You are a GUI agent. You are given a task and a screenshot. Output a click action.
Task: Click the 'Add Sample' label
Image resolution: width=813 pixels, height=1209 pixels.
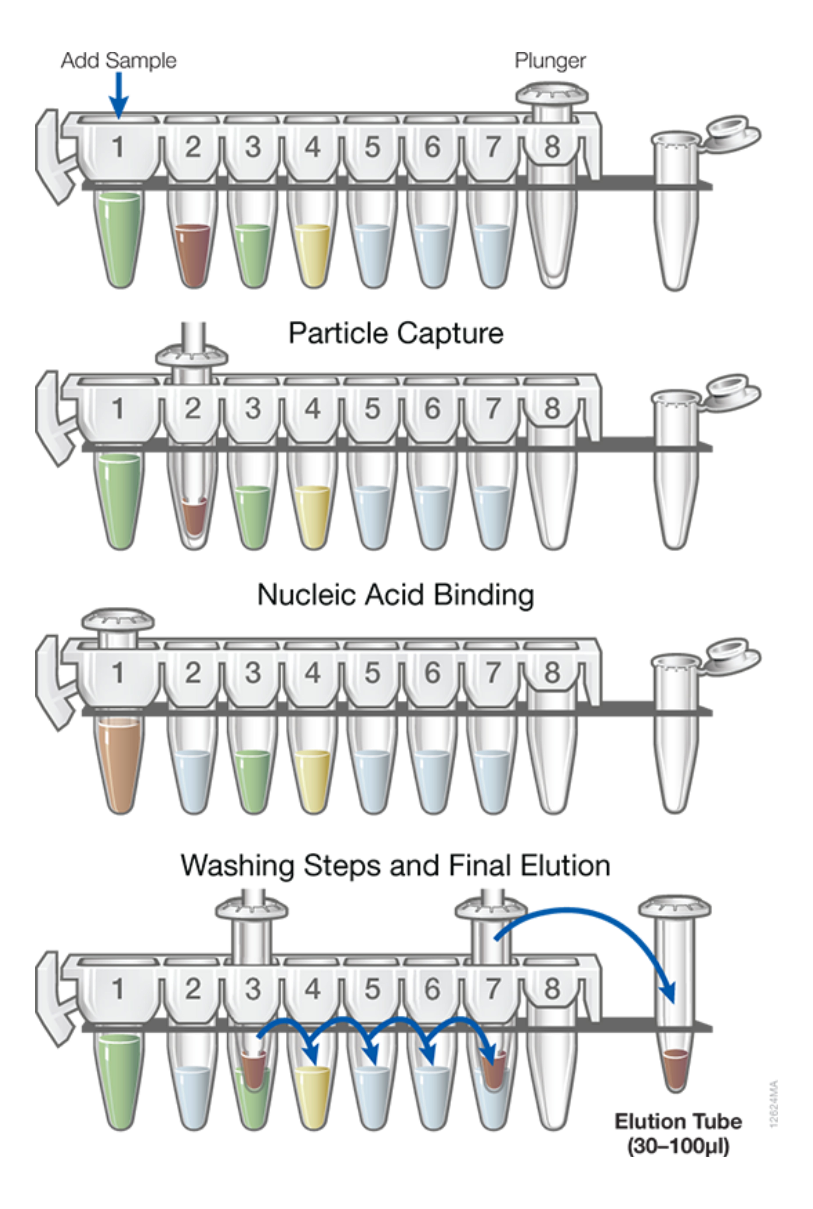click(x=119, y=61)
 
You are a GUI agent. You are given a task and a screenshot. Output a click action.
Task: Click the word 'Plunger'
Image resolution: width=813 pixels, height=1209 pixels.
click(x=550, y=61)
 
